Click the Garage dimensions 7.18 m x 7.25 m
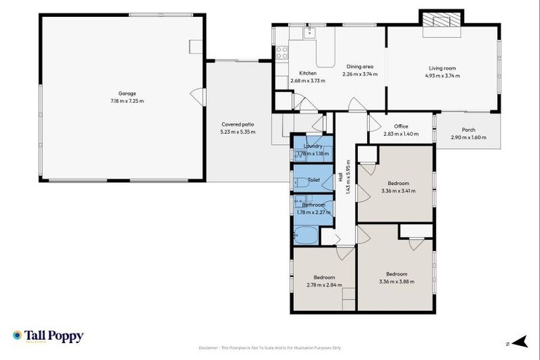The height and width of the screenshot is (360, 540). (x=127, y=101)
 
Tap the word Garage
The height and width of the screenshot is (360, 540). (x=127, y=94)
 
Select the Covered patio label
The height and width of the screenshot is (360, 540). (x=238, y=124)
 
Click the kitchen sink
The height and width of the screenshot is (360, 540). (x=309, y=32)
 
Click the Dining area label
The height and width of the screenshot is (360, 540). (x=359, y=66)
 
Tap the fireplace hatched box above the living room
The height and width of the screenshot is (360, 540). (x=442, y=19)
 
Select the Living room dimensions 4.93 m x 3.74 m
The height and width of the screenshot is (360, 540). (x=443, y=75)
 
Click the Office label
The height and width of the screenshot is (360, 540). (x=401, y=127)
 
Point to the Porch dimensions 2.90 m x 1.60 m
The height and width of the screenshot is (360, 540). (x=468, y=137)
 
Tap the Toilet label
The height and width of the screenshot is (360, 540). (x=314, y=180)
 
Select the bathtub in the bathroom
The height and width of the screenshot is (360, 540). (x=306, y=236)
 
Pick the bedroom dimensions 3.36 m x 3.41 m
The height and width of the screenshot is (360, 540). (x=398, y=191)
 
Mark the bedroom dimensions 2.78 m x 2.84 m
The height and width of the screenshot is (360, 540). (x=324, y=285)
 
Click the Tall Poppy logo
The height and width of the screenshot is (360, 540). (x=48, y=336)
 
